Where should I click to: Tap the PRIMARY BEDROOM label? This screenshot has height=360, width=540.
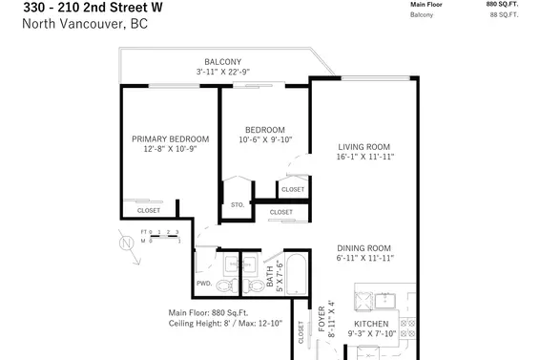coord(170,139)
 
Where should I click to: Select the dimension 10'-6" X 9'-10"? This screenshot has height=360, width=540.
coord(264,140)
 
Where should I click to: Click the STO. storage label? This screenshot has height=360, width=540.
coord(238,204)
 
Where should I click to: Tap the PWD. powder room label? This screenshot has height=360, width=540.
coord(204,283)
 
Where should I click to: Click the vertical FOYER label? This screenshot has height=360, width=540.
coord(322,314)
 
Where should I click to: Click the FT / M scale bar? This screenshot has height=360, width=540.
coord(159,236)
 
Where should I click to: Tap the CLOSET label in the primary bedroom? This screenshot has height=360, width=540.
coord(149,210)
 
